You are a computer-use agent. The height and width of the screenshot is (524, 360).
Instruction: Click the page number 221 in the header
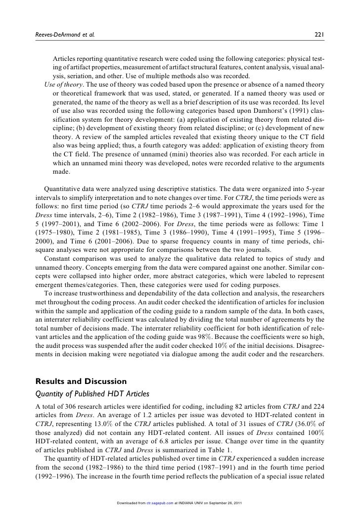[319, 35]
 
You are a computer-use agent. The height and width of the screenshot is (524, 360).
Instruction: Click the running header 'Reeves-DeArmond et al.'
[62, 35]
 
